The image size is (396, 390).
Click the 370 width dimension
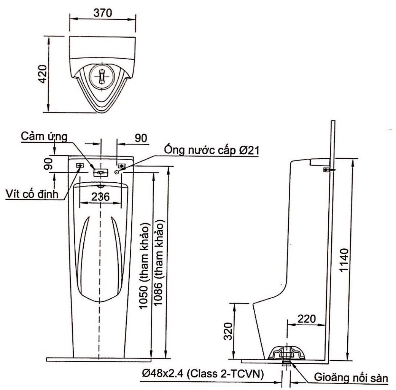tap(103, 13)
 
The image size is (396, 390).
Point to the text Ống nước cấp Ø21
tap(212, 150)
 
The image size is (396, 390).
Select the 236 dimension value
tap(100, 196)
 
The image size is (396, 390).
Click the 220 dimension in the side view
tap(306, 318)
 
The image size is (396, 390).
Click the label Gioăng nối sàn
tap(351, 379)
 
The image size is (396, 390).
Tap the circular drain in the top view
tap(102, 75)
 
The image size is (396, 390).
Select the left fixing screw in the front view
tap(80, 166)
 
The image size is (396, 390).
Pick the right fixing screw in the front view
tap(122, 166)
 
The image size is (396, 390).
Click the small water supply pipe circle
tap(117, 172)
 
